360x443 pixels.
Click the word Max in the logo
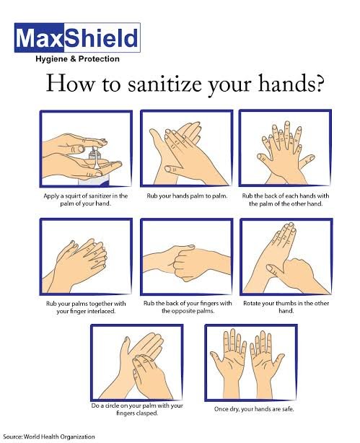(x=40, y=38)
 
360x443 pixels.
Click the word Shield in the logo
(x=102, y=38)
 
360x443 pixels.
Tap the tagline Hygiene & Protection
(x=77, y=59)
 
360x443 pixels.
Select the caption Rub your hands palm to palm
(x=187, y=196)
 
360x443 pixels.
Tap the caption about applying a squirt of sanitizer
(x=85, y=199)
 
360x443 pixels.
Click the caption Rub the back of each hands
(x=286, y=199)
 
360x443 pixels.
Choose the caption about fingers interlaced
(x=86, y=307)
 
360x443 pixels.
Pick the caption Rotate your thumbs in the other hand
(x=286, y=307)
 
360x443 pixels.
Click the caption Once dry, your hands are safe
(x=254, y=409)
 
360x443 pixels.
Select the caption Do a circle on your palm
(x=137, y=409)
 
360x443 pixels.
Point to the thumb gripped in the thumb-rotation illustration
(x=278, y=271)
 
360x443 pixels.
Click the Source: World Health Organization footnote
(x=49, y=437)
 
